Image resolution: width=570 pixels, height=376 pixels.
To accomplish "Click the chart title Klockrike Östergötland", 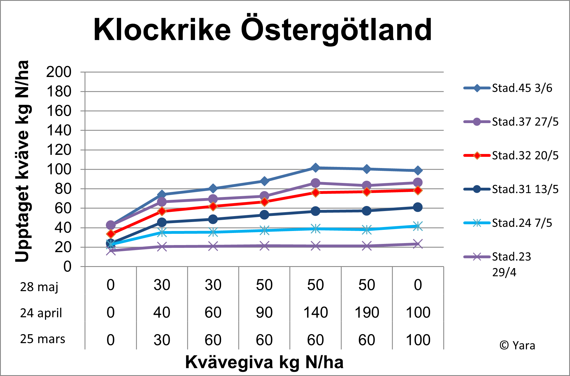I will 262,30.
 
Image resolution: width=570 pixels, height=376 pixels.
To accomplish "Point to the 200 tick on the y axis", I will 59,72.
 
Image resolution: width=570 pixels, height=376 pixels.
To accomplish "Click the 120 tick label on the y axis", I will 59,150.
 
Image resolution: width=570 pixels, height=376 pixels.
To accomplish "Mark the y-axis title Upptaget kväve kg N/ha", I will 22,161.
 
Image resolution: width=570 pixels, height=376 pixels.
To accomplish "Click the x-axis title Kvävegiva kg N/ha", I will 264,362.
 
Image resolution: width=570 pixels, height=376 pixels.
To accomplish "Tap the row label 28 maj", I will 39,287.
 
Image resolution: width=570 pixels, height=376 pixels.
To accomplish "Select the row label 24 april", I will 41,313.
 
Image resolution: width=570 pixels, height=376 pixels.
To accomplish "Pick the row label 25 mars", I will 42,339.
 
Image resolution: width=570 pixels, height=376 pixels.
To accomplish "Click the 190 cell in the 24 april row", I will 367,312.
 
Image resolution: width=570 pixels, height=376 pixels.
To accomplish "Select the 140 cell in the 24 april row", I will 315,312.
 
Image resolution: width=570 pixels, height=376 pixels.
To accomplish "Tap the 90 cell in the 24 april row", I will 264,312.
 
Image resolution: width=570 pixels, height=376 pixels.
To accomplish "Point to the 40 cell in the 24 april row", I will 162,312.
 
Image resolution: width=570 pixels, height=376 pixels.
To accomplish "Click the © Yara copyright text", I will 517,345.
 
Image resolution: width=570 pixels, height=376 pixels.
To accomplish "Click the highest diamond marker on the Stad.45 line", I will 315,168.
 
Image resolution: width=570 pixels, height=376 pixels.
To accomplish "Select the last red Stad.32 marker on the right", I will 418,190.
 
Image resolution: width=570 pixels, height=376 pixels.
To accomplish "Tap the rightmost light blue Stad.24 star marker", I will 418,226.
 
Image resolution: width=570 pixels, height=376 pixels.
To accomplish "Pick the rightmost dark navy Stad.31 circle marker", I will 418,207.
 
